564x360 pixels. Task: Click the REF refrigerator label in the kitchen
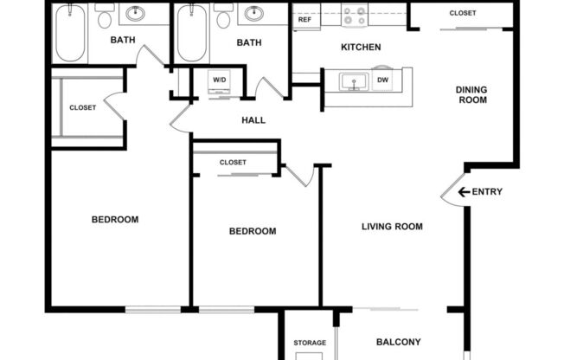click(304, 19)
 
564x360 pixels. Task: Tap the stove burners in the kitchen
click(353, 16)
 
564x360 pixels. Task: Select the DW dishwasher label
click(383, 80)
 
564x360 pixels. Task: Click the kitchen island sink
click(354, 82)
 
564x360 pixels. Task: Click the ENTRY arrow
click(464, 192)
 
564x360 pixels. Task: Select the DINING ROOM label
click(471, 94)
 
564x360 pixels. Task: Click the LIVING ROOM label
click(392, 227)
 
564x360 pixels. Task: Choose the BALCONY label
click(398, 341)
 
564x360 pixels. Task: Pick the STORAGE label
click(310, 343)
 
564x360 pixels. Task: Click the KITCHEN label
click(361, 47)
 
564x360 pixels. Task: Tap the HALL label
click(253, 120)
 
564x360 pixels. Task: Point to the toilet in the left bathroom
click(105, 16)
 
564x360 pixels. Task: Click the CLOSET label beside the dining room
click(462, 13)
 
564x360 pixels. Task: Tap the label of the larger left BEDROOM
click(115, 219)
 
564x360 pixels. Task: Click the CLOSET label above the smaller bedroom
click(233, 162)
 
